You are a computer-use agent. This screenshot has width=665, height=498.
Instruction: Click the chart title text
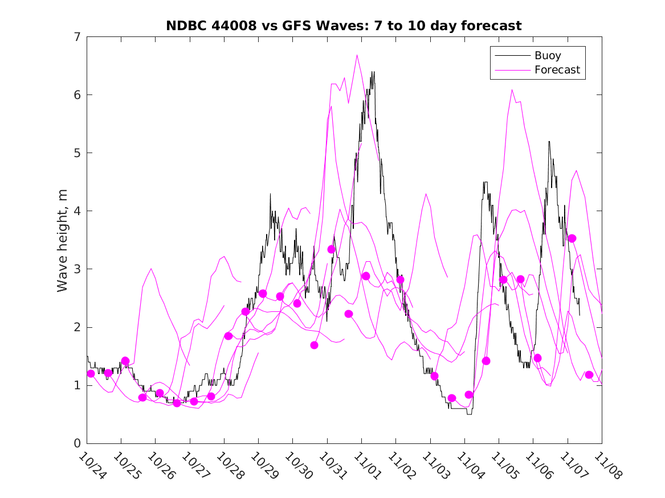(344, 26)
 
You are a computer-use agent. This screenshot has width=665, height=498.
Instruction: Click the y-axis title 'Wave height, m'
(63, 241)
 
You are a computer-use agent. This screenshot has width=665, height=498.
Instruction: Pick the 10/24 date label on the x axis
(92, 465)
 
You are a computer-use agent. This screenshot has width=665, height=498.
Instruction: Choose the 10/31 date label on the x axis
(333, 465)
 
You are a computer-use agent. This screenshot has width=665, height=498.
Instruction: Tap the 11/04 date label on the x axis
(470, 465)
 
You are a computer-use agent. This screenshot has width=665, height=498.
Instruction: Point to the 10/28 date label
(230, 465)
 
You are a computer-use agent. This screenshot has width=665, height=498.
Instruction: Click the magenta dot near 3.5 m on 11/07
(572, 238)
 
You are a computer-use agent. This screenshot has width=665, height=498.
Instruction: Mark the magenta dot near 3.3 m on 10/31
(332, 249)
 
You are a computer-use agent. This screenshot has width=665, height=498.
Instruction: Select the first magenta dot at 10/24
(91, 373)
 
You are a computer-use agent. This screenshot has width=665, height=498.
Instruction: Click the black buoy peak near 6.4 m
(373, 72)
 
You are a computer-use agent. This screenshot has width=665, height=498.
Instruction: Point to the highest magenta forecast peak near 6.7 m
(357, 55)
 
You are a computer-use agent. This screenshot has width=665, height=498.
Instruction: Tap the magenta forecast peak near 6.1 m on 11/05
(512, 89)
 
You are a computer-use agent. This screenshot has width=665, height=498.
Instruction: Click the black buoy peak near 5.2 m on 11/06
(549, 141)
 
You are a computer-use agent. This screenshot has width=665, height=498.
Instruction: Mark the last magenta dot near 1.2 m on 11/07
(589, 374)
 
